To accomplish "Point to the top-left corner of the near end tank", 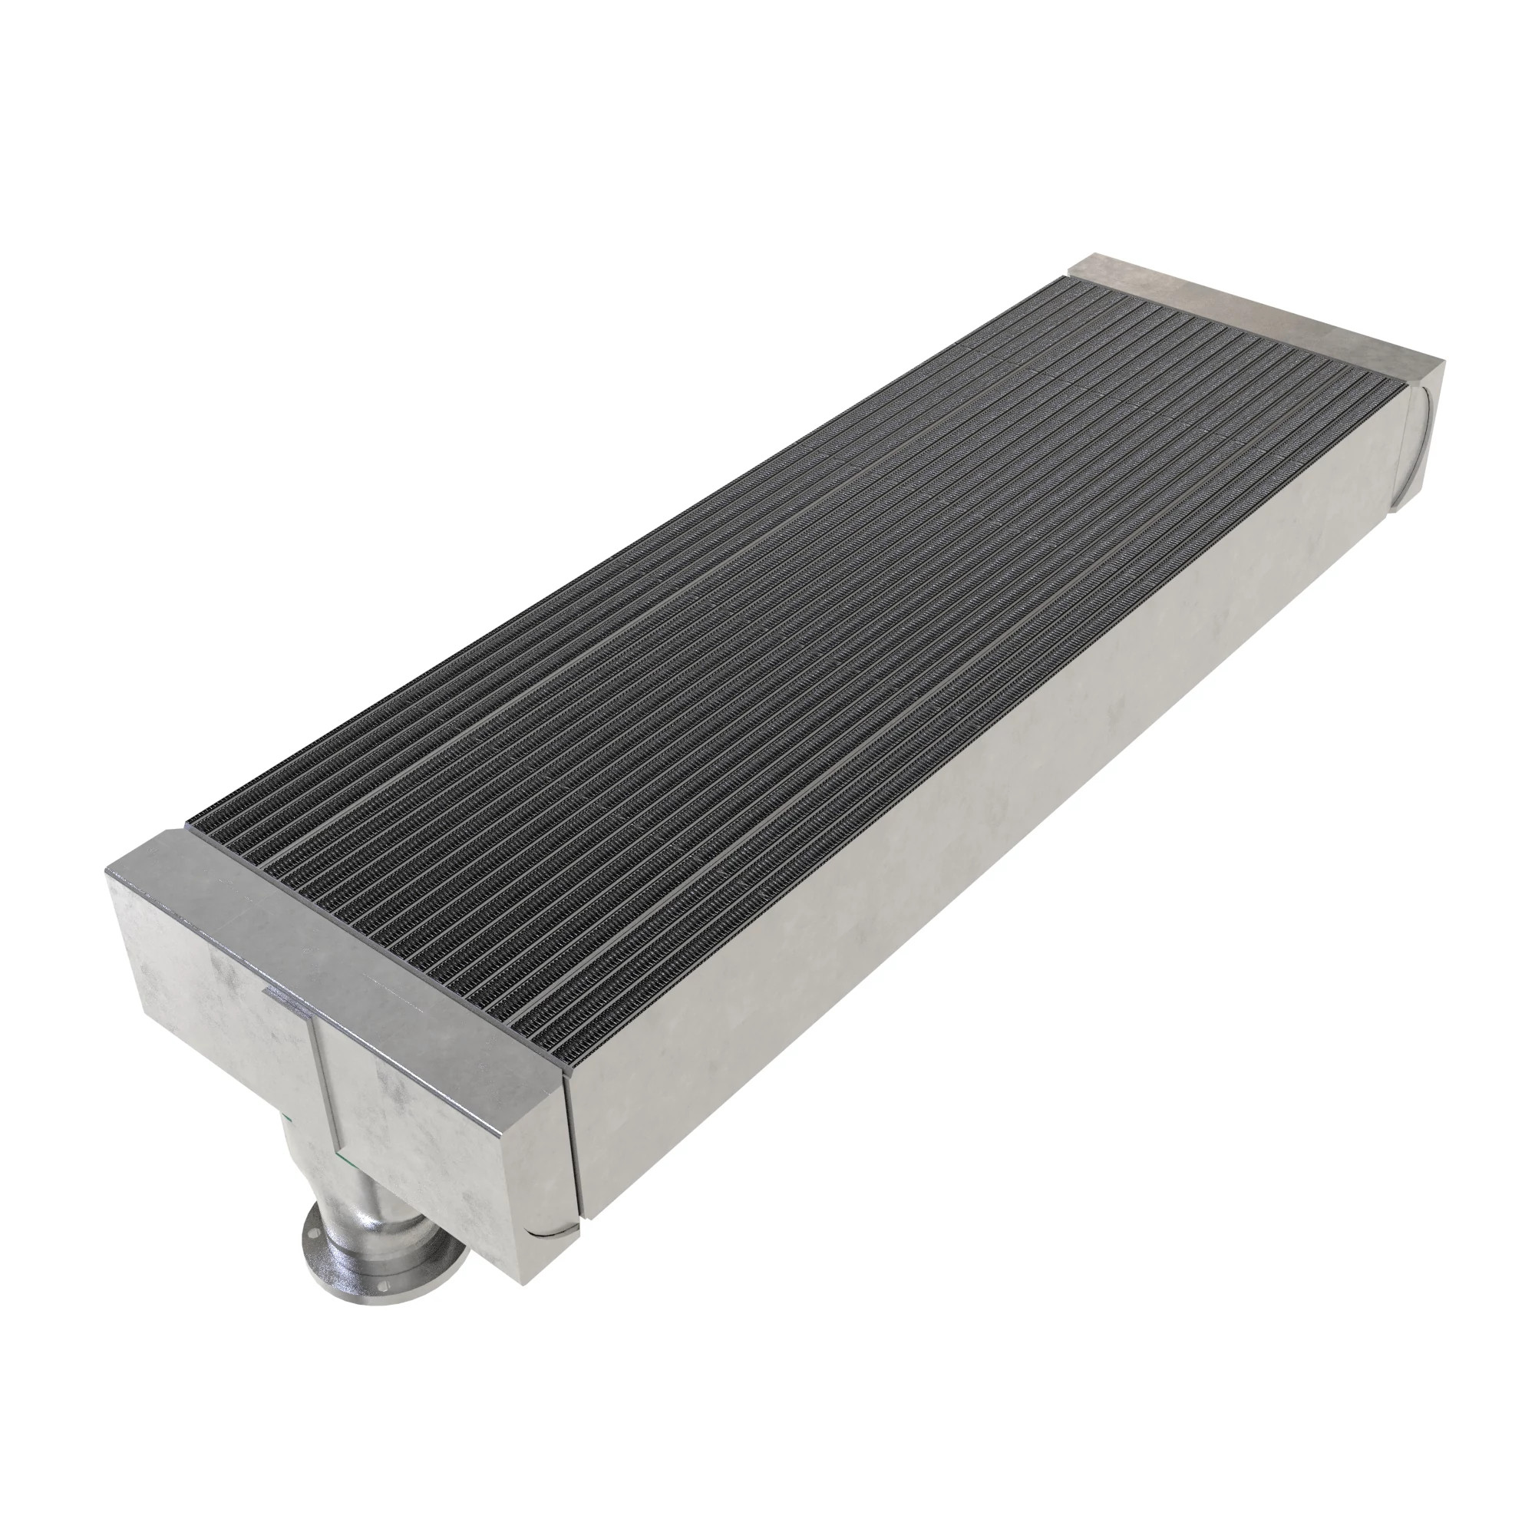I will tap(107, 871).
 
